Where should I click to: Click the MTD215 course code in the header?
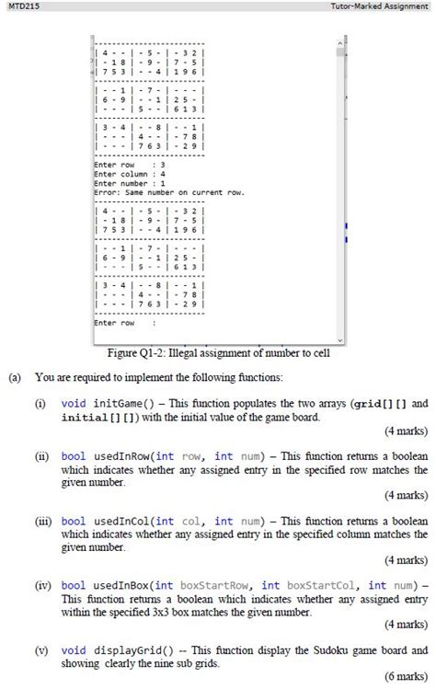(x=17, y=6)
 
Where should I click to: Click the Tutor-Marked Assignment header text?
(x=384, y=6)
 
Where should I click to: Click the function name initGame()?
(x=120, y=403)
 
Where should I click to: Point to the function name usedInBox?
(x=119, y=585)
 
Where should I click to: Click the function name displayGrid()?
(x=128, y=649)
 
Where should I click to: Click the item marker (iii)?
(x=42, y=520)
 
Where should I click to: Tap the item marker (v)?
(x=42, y=649)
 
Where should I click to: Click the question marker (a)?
(x=16, y=376)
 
